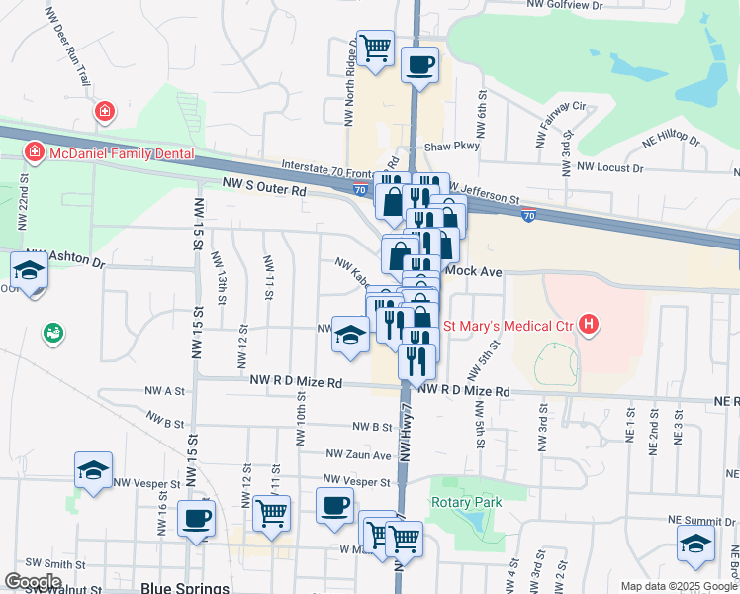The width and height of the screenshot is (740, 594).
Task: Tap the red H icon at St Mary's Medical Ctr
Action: (x=590, y=324)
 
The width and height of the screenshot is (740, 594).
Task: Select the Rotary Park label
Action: (x=466, y=502)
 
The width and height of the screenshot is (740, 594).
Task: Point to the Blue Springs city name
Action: (x=185, y=587)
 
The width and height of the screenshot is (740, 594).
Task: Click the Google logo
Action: (x=33, y=582)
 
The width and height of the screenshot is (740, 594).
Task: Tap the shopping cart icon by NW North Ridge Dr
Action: (x=375, y=48)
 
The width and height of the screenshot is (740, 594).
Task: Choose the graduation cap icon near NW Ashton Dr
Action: (x=29, y=270)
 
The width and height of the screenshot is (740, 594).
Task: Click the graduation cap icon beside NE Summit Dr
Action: (x=695, y=544)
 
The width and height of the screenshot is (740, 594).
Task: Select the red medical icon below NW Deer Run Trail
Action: (x=104, y=112)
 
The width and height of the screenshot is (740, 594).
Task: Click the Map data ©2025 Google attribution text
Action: (x=678, y=586)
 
